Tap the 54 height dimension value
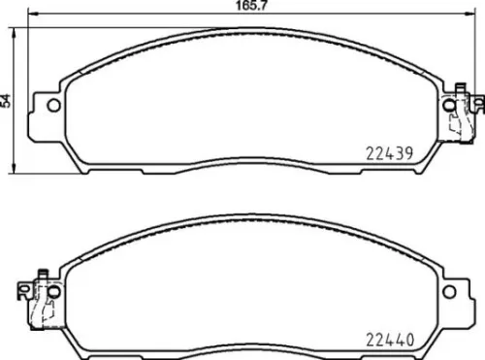tap(7, 99)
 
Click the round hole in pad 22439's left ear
tap(54, 105)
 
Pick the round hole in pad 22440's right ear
tap(450, 292)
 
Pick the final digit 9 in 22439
tap(411, 151)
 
